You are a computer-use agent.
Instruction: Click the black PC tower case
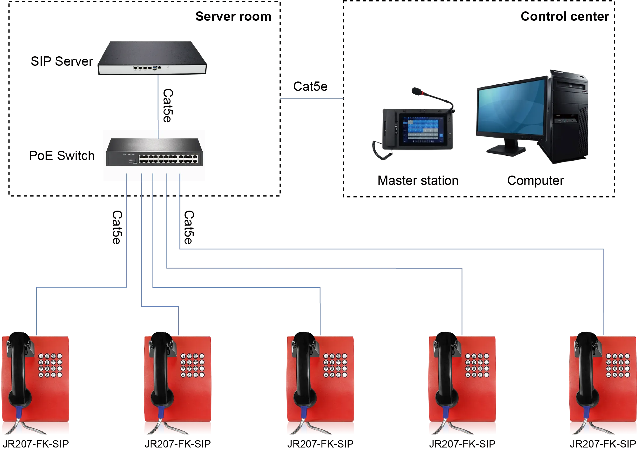point(568,117)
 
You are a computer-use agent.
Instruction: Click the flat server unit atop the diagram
point(152,58)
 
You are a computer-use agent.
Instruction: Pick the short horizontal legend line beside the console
point(311,99)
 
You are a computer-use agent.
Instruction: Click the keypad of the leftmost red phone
point(51,365)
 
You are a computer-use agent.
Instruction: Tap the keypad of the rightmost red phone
point(618,365)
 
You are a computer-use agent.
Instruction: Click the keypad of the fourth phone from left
point(476,365)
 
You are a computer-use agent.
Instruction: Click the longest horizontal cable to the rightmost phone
point(391,249)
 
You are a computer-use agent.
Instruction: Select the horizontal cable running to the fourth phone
point(314,267)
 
